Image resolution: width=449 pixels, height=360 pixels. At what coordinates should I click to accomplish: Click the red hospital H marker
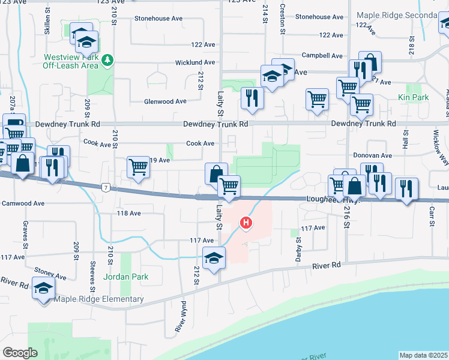click(x=246, y=223)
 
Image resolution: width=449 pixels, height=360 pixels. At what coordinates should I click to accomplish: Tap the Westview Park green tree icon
click(x=107, y=59)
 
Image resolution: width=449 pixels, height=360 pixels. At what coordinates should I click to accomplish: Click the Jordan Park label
click(x=125, y=277)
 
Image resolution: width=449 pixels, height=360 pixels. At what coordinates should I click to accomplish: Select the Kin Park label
click(x=412, y=97)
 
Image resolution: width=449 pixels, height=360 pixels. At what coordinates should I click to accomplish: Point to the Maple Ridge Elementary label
click(x=99, y=299)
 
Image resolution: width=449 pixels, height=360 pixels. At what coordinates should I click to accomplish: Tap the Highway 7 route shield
click(x=106, y=187)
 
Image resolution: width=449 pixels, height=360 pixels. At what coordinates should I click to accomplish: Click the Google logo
click(x=20, y=352)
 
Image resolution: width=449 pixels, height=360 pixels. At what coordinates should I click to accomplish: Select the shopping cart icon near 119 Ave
click(x=139, y=167)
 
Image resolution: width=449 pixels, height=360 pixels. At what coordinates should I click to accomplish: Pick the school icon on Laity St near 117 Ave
click(x=214, y=257)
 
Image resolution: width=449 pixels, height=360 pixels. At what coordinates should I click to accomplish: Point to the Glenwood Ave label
click(x=165, y=101)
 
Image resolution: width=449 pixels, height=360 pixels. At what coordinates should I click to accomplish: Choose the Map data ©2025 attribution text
click(x=424, y=355)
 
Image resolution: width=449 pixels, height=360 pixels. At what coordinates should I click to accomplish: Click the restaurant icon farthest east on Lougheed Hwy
click(x=406, y=190)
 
